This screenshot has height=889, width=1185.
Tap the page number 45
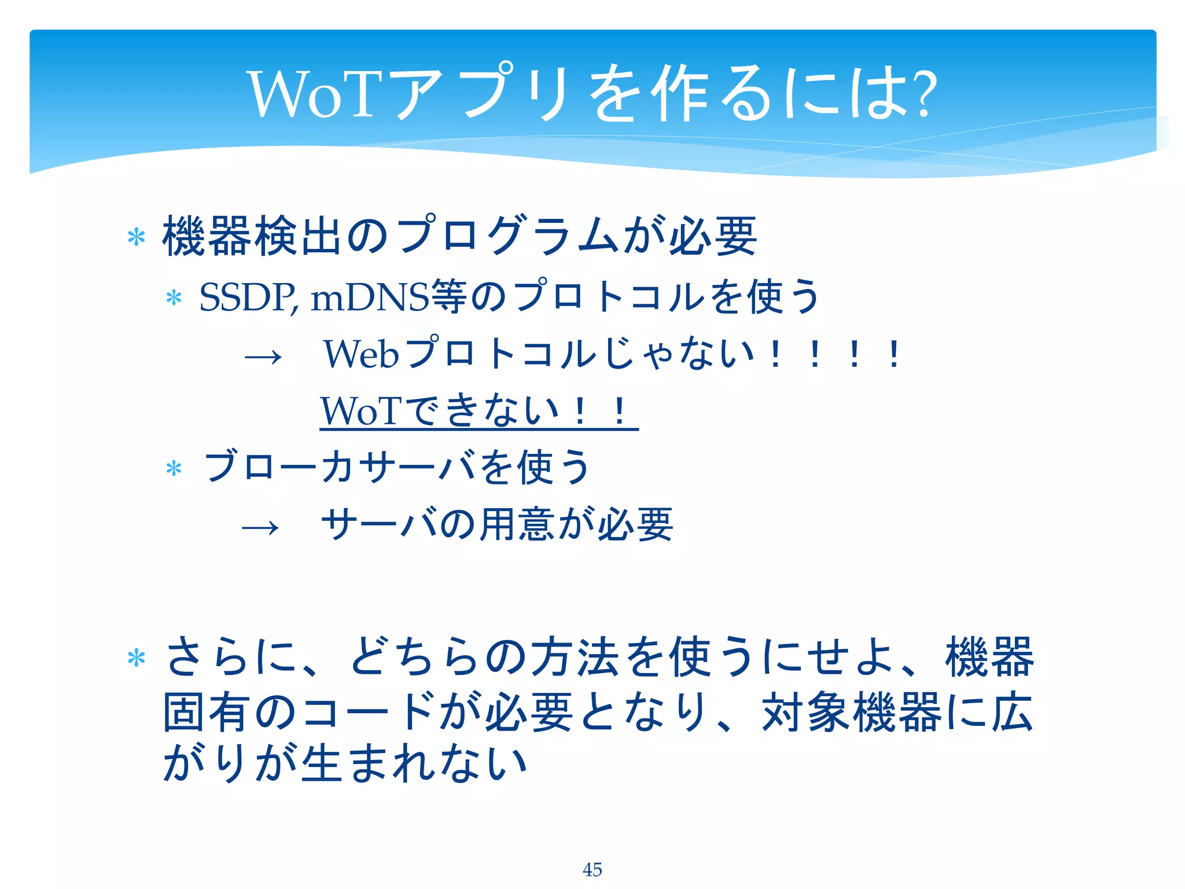click(x=592, y=869)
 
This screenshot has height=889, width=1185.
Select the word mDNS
click(x=370, y=297)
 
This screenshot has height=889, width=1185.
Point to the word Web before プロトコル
click(x=361, y=354)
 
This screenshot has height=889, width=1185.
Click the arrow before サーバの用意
click(x=260, y=527)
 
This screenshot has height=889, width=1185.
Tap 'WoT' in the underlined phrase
click(x=360, y=411)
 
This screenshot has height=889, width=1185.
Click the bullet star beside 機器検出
click(x=136, y=237)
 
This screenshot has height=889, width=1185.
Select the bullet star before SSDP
click(x=174, y=299)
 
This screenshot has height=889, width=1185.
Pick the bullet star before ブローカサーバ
click(x=174, y=468)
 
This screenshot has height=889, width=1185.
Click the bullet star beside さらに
click(x=136, y=659)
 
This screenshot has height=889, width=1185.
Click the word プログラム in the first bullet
click(x=509, y=236)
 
